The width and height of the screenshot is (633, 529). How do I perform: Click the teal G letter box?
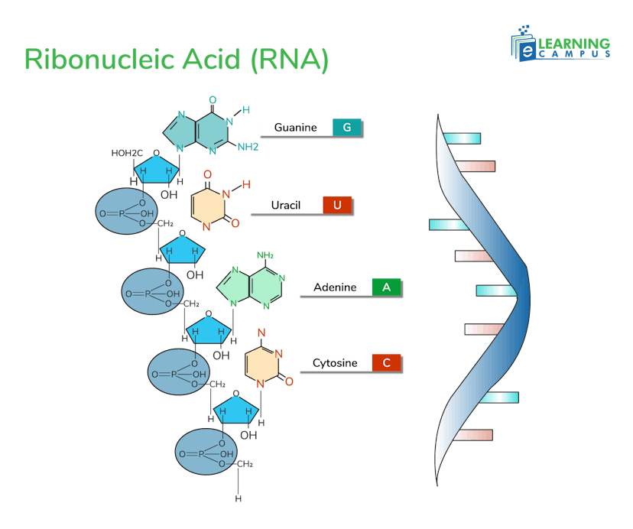point(347,128)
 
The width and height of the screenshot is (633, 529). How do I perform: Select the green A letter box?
point(387,287)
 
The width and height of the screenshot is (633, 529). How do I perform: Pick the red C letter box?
point(387,363)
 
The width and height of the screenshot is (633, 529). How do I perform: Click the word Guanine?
point(295,128)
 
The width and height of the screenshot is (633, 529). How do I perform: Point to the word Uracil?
point(286,205)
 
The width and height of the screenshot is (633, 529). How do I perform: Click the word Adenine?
point(335,287)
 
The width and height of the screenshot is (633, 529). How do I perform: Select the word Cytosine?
point(335,363)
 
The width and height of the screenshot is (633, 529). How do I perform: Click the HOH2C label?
point(127,154)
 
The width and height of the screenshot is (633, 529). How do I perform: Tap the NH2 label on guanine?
point(248,147)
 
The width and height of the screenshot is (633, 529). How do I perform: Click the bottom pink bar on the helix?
point(474,435)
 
